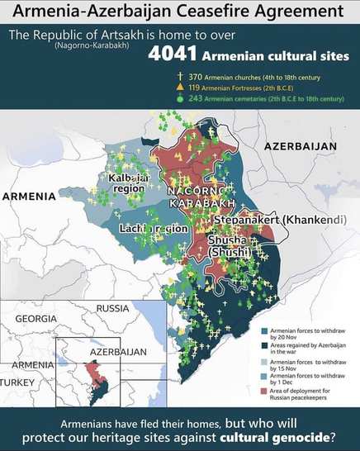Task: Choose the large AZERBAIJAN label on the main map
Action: [x=300, y=146]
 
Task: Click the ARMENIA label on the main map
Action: [x=28, y=197]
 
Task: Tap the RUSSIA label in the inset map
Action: [x=113, y=309]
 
